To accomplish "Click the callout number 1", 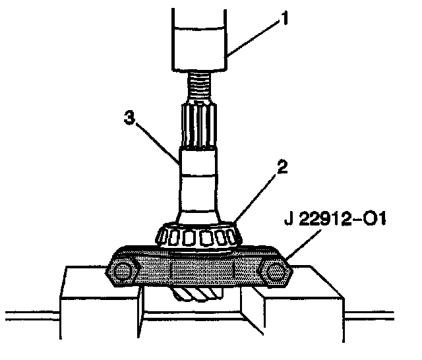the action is tap(284, 18).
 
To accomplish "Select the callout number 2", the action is tap(282, 167).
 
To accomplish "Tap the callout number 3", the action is tap(129, 117).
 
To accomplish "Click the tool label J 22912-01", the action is tap(335, 219).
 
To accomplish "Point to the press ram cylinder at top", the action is tap(199, 40).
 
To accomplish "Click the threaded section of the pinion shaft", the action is tap(199, 86).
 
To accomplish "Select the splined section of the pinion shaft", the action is tap(199, 125).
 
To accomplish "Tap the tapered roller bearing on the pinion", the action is tap(199, 235).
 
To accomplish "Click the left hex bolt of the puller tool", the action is tap(123, 272).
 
